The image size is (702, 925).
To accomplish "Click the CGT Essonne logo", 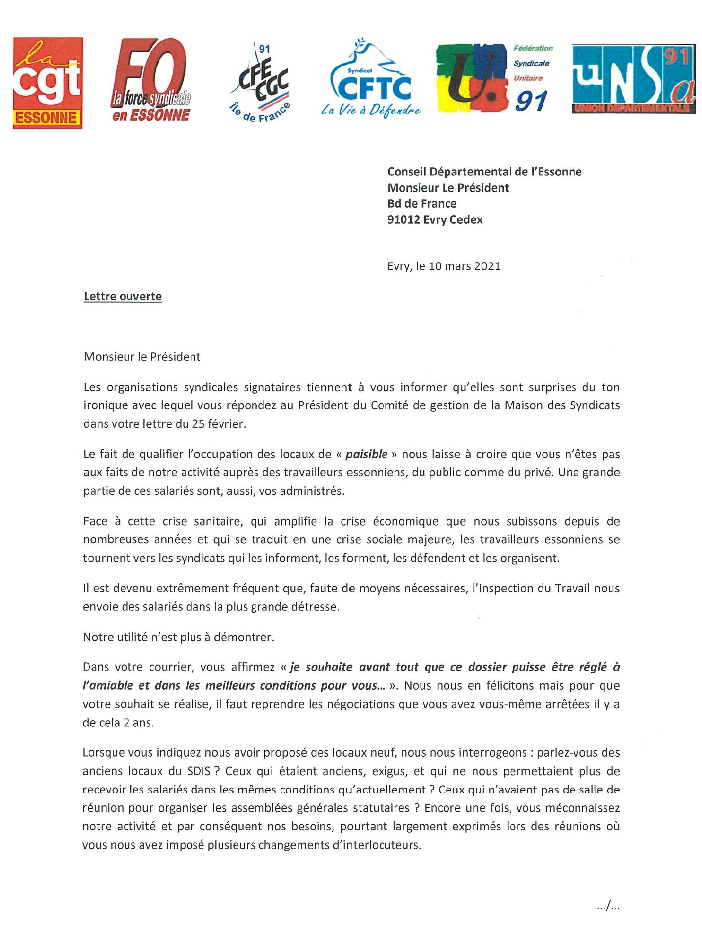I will click(x=48, y=83).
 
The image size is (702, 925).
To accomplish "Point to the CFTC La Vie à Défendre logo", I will click(x=371, y=79).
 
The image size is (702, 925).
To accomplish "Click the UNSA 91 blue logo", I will click(x=633, y=78).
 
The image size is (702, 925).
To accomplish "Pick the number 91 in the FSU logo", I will click(x=531, y=102).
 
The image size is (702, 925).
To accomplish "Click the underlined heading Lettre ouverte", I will click(x=123, y=296).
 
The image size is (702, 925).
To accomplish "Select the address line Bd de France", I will click(x=422, y=203).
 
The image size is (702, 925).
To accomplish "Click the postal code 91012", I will click(x=403, y=219).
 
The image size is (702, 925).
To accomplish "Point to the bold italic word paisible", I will click(x=366, y=454).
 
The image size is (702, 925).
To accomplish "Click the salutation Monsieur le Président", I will click(x=142, y=356).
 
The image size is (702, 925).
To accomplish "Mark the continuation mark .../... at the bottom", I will click(x=608, y=906).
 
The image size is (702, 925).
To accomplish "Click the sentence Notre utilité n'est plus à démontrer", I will click(x=178, y=637).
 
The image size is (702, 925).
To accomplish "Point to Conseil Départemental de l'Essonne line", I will click(x=484, y=171).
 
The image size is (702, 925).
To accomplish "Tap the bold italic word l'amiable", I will click(x=108, y=685).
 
